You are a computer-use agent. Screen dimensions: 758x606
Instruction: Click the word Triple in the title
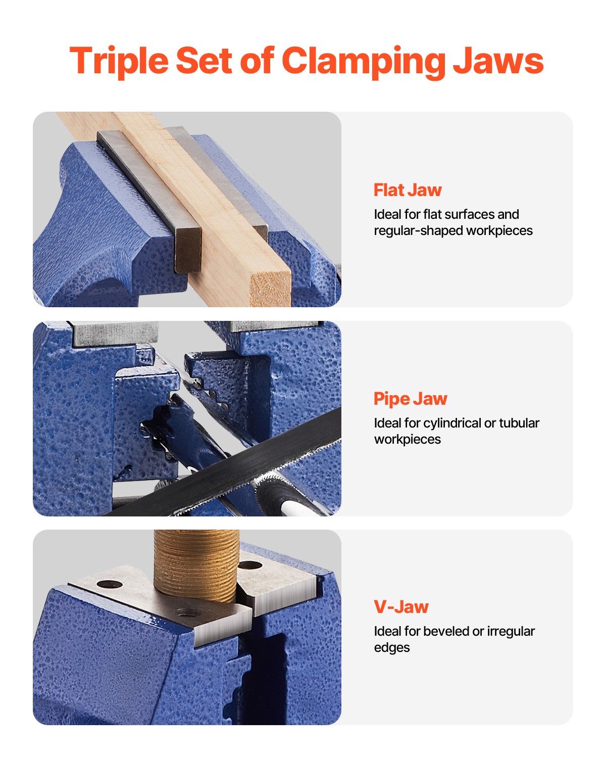pyautogui.click(x=119, y=61)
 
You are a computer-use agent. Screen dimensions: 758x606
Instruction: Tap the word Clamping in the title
pyautogui.click(x=363, y=61)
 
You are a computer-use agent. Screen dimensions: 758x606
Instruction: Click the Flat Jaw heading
pyautogui.click(x=408, y=190)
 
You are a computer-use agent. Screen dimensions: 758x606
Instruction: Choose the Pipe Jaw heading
pyautogui.click(x=410, y=399)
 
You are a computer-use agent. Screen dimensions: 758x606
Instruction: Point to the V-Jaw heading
pyautogui.click(x=401, y=607)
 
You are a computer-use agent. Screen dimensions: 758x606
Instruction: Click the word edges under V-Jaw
pyautogui.click(x=391, y=648)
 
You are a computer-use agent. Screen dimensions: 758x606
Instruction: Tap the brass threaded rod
pyautogui.click(x=195, y=561)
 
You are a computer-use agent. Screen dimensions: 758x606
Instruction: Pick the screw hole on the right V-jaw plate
pyautogui.click(x=249, y=565)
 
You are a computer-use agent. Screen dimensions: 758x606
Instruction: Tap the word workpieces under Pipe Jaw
pyautogui.click(x=407, y=440)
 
